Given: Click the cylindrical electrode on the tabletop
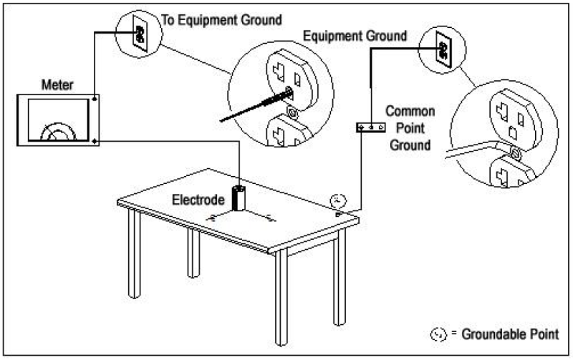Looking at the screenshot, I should click(239, 198).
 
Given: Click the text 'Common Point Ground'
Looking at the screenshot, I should click(408, 127).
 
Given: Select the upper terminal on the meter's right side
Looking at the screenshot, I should click(95, 97).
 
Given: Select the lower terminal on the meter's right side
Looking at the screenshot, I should click(95, 141).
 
